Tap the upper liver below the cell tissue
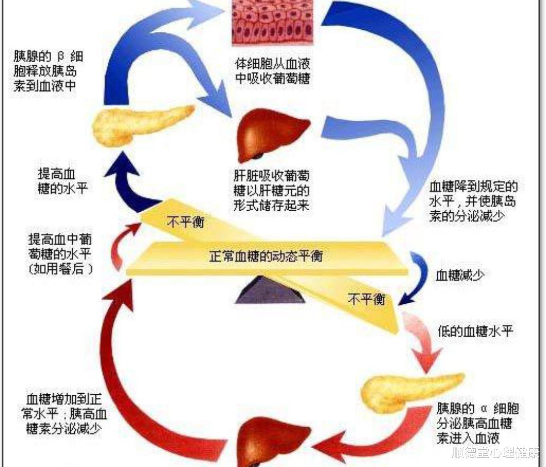click(x=273, y=133)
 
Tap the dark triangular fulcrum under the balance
click(x=270, y=291)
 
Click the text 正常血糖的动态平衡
click(x=266, y=256)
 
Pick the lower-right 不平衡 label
click(x=367, y=299)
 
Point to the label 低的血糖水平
click(x=476, y=332)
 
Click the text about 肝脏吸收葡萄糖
click(x=271, y=191)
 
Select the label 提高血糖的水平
click(x=59, y=181)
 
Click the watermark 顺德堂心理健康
click(x=495, y=452)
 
